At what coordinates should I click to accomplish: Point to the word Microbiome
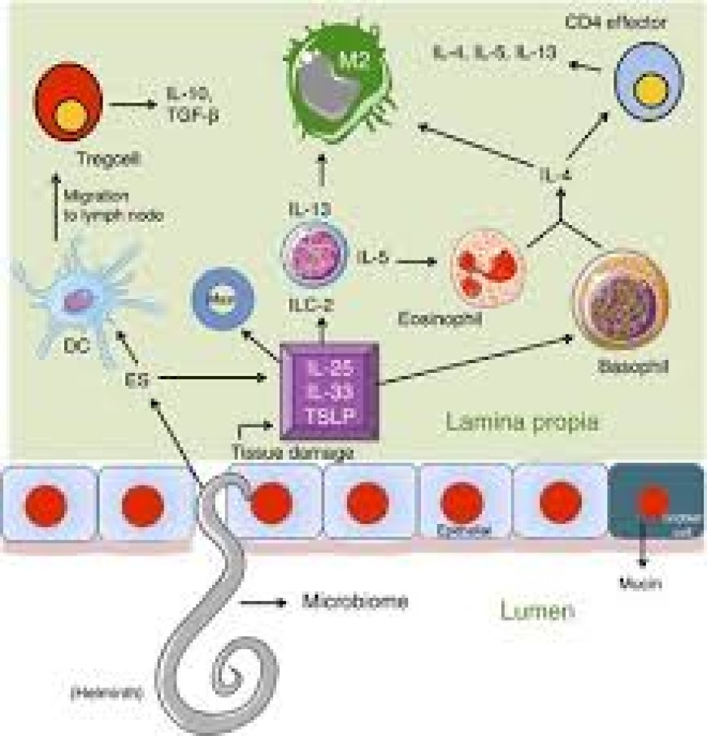tap(354, 602)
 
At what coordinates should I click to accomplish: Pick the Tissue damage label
tap(293, 453)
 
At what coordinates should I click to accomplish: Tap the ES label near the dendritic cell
tap(137, 378)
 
